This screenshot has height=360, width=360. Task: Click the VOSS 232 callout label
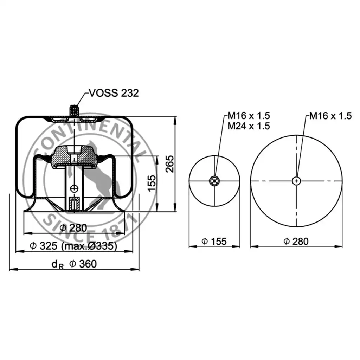pos(114,93)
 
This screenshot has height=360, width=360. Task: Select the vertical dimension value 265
pos(170,164)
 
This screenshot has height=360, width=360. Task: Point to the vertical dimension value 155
pos(152,183)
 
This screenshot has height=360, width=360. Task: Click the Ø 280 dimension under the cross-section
pos(73,228)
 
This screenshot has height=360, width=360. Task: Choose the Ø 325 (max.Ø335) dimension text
pos(73,246)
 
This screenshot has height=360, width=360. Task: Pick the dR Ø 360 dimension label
pos(74,264)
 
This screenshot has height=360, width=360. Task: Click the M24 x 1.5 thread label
pos(249,126)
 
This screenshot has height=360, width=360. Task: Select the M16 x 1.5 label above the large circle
pos(330,116)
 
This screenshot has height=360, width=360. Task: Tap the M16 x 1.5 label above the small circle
pos(249,116)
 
